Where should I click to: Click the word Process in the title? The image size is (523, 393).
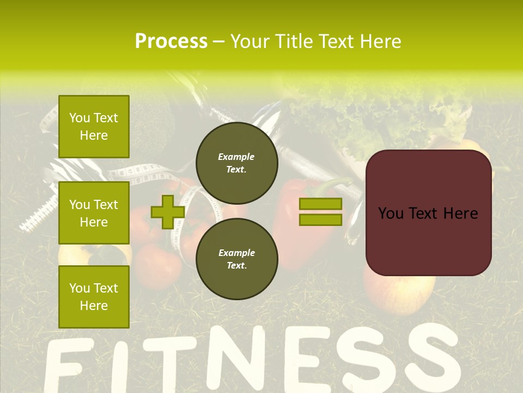point(171,41)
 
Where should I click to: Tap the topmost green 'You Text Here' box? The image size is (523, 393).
point(94,127)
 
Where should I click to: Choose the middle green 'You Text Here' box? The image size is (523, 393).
point(94,213)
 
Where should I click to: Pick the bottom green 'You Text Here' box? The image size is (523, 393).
point(94,296)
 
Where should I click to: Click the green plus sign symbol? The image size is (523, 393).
point(168,212)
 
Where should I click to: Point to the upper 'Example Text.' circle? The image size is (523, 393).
point(236,163)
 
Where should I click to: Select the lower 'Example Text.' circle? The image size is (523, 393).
point(236,259)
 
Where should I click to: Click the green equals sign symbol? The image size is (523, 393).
point(320,212)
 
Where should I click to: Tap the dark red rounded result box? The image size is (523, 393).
point(428,213)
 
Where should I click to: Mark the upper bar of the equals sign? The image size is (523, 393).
point(320,204)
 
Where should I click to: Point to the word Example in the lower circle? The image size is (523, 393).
point(236,253)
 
